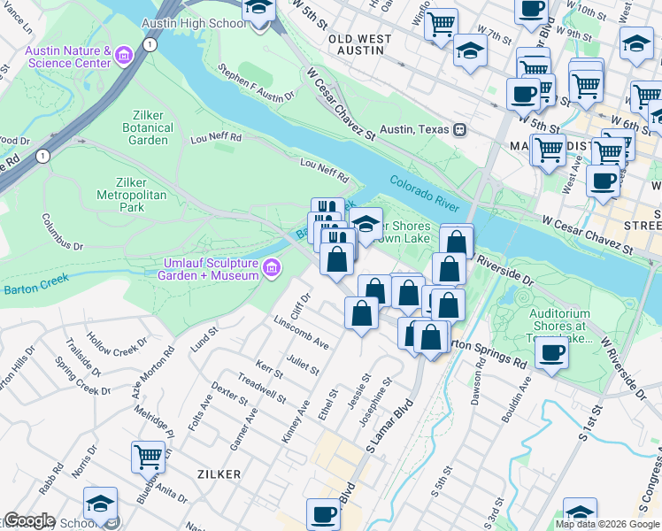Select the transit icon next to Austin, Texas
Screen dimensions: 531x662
pos(460,130)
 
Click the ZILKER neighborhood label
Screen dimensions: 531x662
pos(219,474)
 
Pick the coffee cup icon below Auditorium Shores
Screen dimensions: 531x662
pos(553,354)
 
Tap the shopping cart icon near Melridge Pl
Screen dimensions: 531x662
pos(148,457)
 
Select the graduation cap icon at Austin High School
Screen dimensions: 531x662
pos(258,9)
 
